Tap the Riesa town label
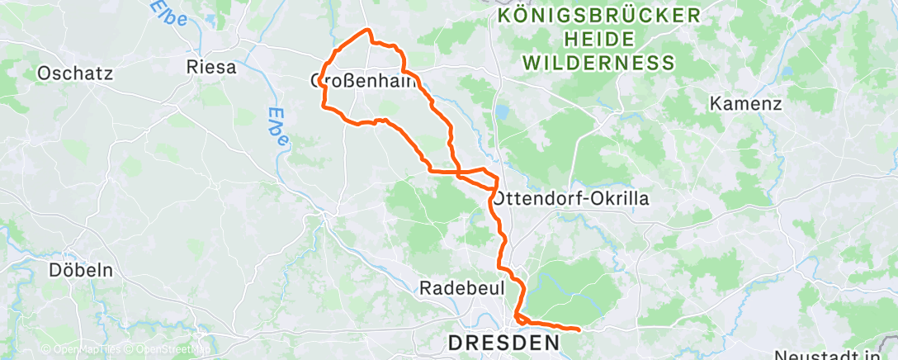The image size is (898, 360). (x=212, y=67)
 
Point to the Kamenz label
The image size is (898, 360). (x=745, y=105)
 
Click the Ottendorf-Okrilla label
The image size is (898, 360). (x=571, y=199)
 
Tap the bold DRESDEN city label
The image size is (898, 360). (x=503, y=341)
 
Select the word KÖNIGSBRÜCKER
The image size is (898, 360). (x=599, y=16)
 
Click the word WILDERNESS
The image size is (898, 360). (x=599, y=63)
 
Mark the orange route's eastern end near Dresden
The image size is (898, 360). (x=579, y=330)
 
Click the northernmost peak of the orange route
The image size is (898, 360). (x=368, y=31)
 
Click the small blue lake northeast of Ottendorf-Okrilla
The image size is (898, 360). (x=501, y=111)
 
